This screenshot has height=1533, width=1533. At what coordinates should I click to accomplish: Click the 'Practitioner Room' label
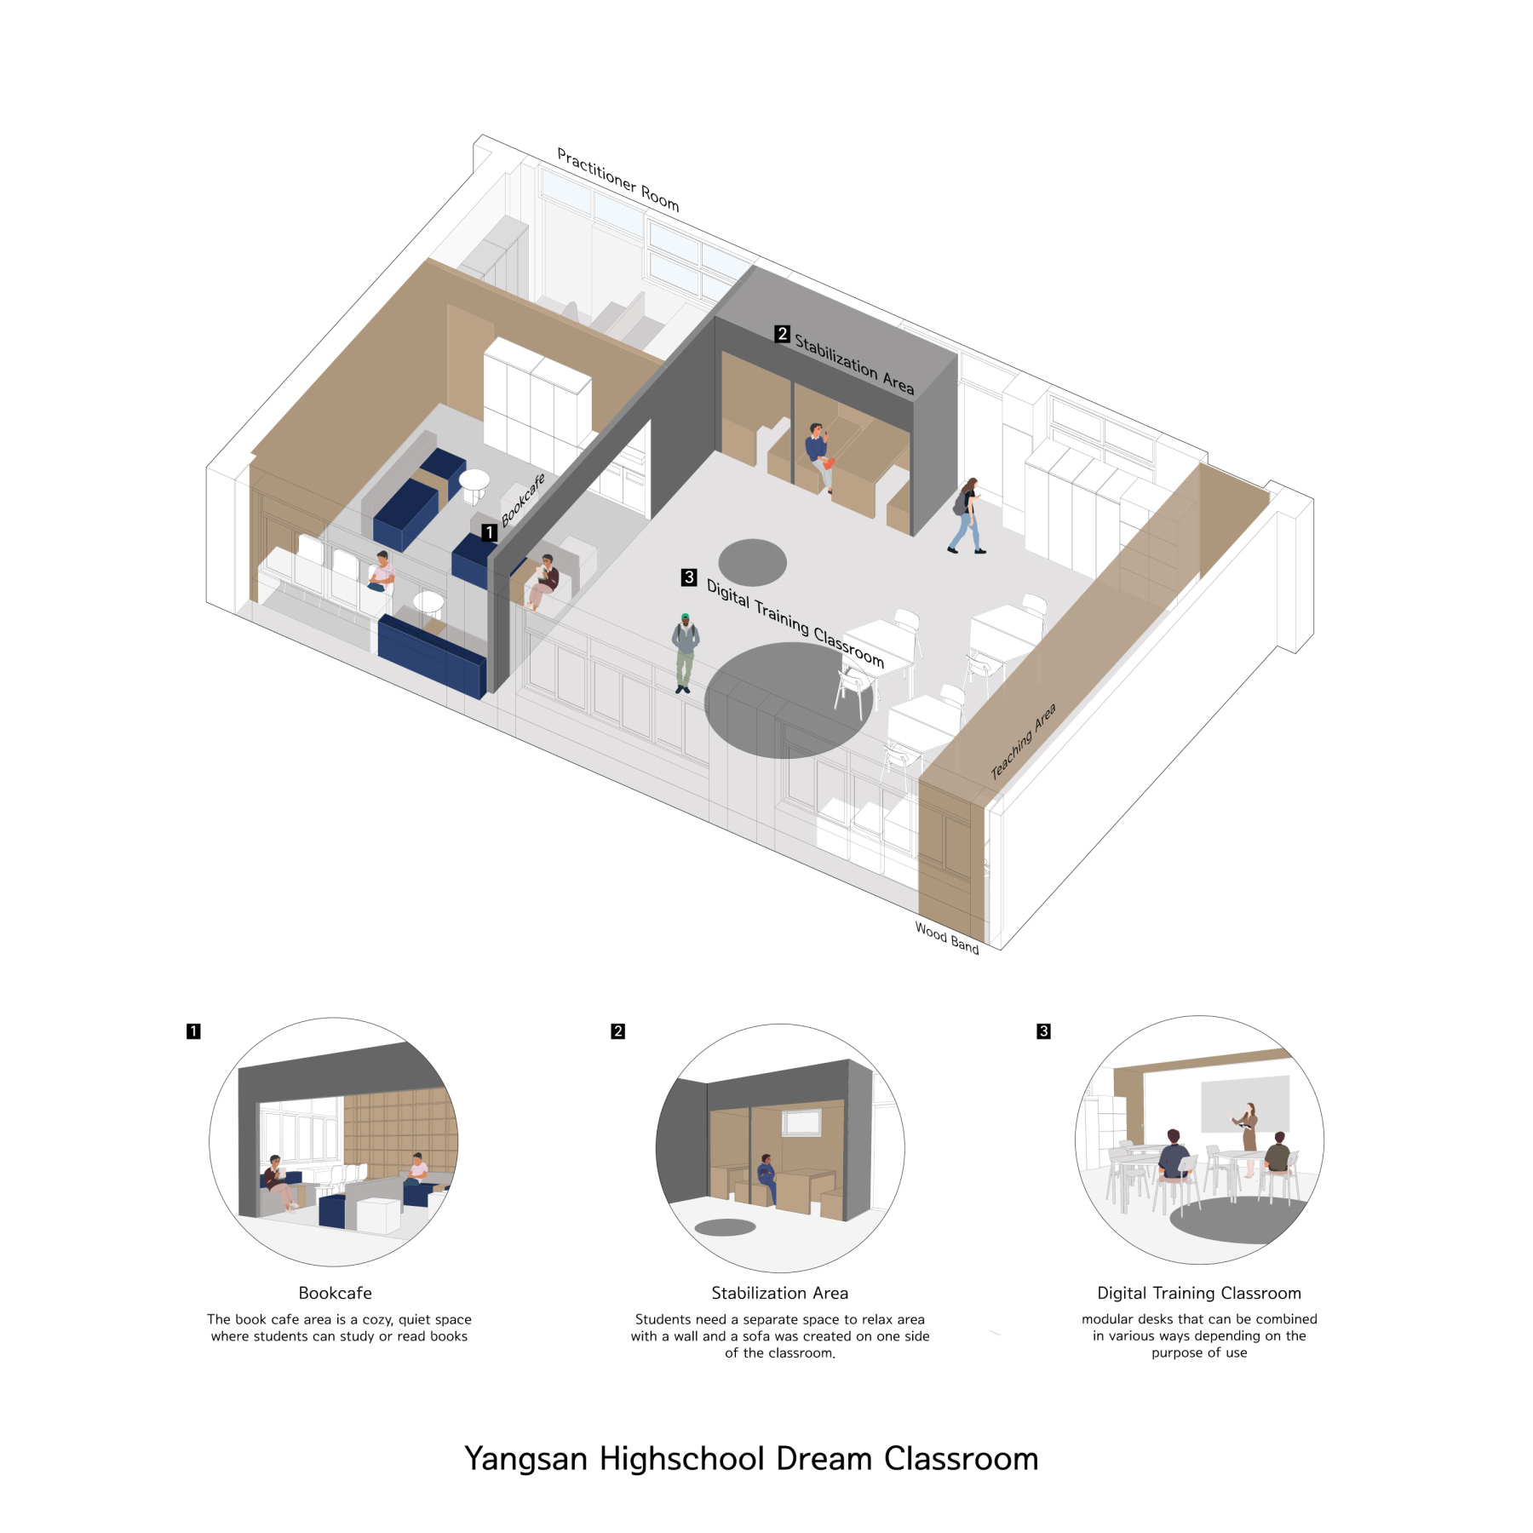point(617,179)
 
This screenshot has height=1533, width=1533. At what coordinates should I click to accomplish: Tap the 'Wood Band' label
point(947,938)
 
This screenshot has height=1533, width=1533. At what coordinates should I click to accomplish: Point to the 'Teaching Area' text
point(1023,741)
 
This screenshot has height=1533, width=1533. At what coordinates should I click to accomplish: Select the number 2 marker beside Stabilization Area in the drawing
point(782,334)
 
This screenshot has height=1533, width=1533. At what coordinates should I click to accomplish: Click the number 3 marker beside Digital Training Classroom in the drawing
point(689,577)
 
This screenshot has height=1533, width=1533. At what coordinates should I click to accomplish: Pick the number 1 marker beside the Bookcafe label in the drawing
point(489,532)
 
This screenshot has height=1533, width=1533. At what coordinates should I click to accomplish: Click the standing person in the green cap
point(685,653)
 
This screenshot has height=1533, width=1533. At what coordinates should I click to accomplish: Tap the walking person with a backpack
point(967,516)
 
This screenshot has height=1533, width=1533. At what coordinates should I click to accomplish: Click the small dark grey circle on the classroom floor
point(752,562)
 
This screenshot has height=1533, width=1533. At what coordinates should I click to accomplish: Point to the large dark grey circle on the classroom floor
point(789,700)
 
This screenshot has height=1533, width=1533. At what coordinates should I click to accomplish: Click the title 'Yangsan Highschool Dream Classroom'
point(751,1459)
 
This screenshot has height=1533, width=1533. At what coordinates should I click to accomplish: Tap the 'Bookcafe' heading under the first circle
point(335,1293)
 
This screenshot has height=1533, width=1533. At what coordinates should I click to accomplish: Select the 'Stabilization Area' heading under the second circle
point(780,1293)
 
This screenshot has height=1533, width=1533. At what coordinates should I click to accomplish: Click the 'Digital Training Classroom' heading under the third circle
point(1199,1293)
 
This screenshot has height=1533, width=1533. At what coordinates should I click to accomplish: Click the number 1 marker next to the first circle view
point(193,1031)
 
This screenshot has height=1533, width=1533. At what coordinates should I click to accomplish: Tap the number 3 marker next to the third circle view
point(1043,1031)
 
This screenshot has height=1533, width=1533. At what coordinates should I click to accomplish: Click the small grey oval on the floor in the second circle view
point(726,1227)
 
